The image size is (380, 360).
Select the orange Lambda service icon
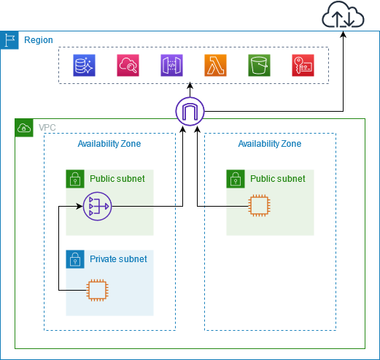pyautogui.click(x=215, y=66)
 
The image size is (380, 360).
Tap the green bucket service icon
pyautogui.click(x=259, y=66)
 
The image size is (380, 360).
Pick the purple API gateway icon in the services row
pyautogui.click(x=171, y=66)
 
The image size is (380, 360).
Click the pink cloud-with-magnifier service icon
pyautogui.click(x=128, y=66)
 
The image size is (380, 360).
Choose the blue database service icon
pyautogui.click(x=84, y=66)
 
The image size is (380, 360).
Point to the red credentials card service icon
pyautogui.click(x=303, y=66)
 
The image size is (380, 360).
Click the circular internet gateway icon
pyautogui.click(x=190, y=112)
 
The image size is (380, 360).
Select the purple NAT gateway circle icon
pyautogui.click(x=96, y=207)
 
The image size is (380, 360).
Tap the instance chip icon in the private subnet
pyautogui.click(x=96, y=290)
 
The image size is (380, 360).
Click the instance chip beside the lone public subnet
pyautogui.click(x=259, y=207)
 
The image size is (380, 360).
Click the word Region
pyautogui.click(x=39, y=40)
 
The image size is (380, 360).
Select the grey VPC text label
pyautogui.click(x=47, y=128)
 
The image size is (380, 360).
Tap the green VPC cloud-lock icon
pyautogui.click(x=24, y=128)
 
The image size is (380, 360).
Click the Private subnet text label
pyautogui.click(x=118, y=259)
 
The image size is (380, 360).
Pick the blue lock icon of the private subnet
pyautogui.click(x=74, y=259)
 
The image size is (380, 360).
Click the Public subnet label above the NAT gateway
pyautogui.click(x=117, y=178)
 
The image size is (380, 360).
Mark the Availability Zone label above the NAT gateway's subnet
pyautogui.click(x=109, y=144)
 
